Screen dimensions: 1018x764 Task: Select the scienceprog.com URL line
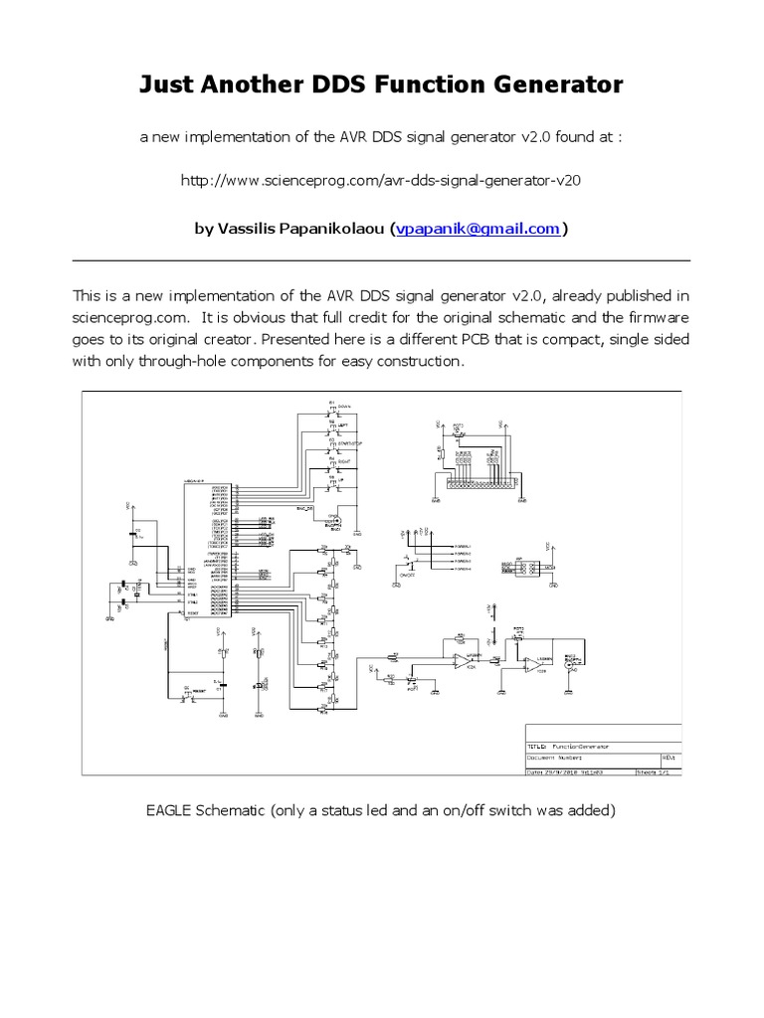click(381, 182)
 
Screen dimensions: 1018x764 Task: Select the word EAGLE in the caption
click(171, 810)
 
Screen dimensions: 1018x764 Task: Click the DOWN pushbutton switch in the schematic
click(332, 408)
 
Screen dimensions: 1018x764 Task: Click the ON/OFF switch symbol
click(408, 565)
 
